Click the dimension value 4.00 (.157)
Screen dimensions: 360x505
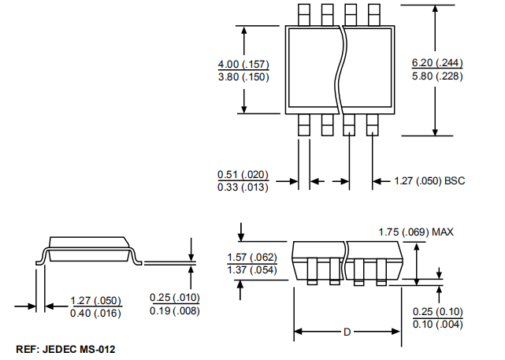coord(243,64)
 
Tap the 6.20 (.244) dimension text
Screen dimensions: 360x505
coord(437,64)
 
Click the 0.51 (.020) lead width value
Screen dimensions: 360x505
coord(243,175)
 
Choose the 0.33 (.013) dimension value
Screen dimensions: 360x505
coord(243,187)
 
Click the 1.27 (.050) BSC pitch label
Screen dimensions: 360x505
coord(429,181)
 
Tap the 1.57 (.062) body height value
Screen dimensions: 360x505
coord(252,258)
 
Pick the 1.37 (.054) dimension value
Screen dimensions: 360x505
coord(252,270)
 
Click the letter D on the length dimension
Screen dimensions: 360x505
coord(346,332)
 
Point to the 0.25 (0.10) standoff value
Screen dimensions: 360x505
coord(438,312)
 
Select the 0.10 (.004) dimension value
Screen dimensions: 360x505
coord(438,325)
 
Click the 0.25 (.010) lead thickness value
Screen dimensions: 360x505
coord(175,298)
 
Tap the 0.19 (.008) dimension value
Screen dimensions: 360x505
coord(175,310)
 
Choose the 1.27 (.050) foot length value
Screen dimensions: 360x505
coord(96,301)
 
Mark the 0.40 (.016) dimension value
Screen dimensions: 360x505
coord(96,314)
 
